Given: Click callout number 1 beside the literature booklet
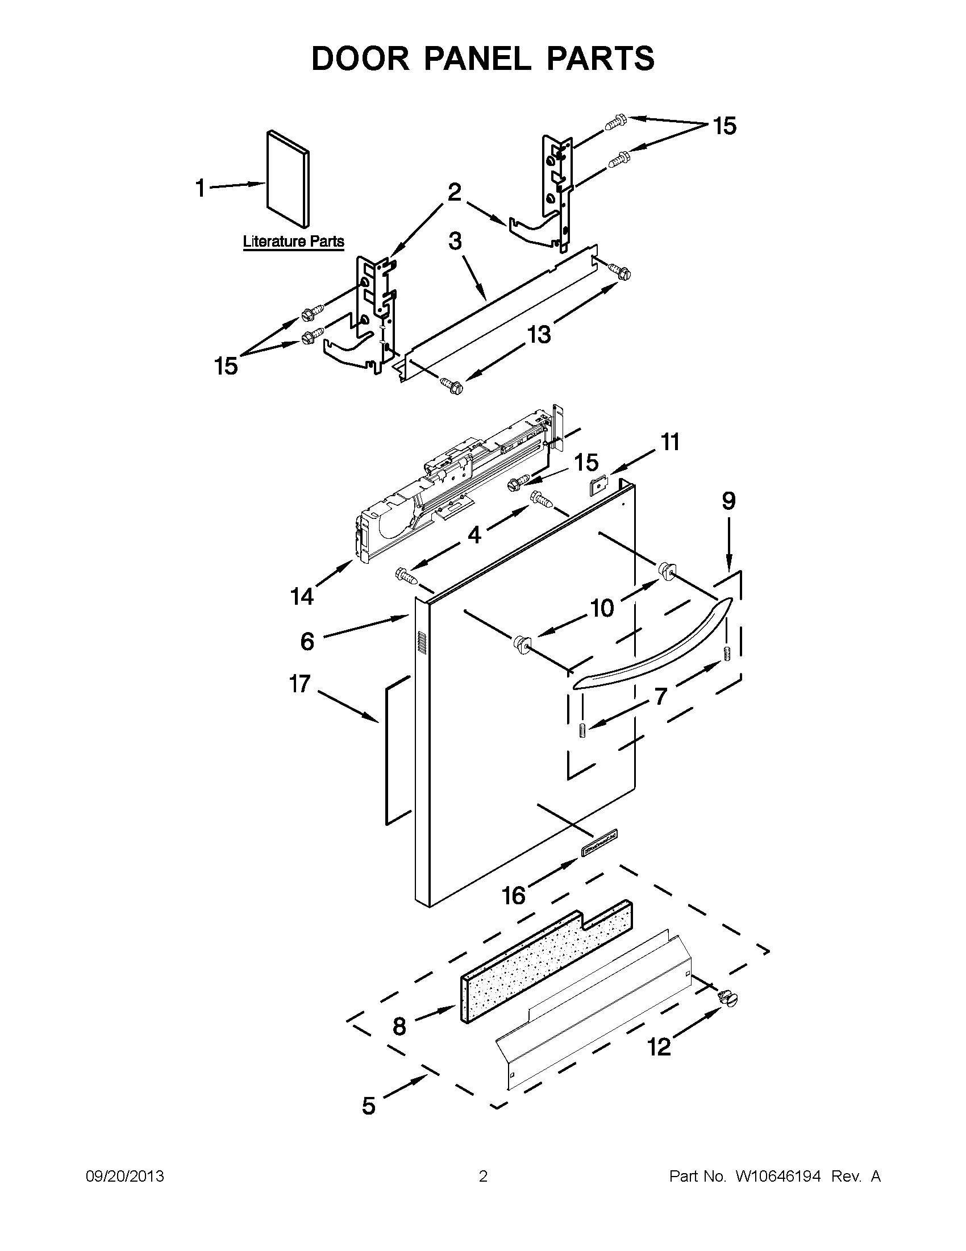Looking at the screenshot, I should tap(200, 188).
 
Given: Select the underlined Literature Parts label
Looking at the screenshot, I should tap(294, 241).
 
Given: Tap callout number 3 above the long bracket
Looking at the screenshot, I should tap(455, 242).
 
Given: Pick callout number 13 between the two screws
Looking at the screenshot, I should tap(538, 334).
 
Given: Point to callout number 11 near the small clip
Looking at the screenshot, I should tap(670, 442).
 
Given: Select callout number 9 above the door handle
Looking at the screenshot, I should tap(728, 501).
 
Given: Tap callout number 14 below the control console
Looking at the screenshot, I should tap(302, 597).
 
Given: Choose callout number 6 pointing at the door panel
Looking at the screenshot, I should tap(307, 642).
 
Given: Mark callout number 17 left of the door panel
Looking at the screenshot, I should tap(300, 684).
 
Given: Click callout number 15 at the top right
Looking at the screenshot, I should tap(724, 126).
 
